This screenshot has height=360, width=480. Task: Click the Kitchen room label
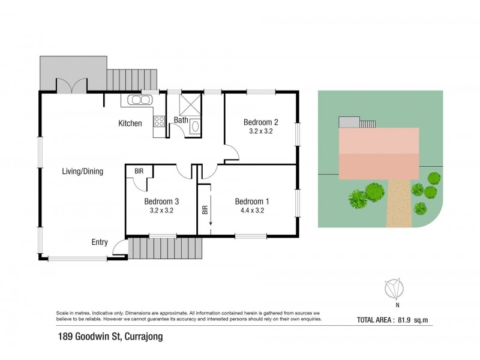[130, 124]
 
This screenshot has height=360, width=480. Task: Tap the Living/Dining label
[83, 171]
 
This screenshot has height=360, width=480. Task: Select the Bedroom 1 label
[251, 201]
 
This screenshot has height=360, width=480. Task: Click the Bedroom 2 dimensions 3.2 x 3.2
[260, 131]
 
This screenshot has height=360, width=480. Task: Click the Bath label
[181, 120]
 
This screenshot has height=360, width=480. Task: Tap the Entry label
[100, 242]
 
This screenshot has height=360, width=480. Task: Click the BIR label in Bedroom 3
[139, 170]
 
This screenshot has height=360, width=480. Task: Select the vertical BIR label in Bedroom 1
[205, 210]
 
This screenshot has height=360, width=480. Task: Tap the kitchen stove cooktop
[160, 122]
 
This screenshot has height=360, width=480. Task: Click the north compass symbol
[394, 288]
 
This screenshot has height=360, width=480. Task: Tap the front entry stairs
[165, 247]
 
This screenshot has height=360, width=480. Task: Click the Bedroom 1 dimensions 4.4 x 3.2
[251, 211]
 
